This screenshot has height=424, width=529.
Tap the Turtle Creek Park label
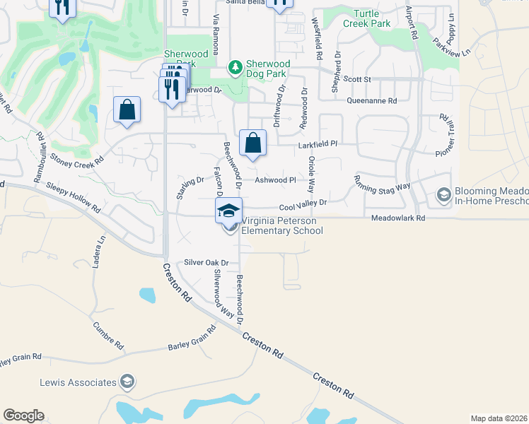click(x=367, y=18)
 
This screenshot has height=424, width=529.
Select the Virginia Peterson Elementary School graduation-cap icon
click(x=229, y=211)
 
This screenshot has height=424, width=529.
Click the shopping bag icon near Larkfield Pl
click(x=252, y=143)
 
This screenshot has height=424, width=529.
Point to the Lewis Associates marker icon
click(x=127, y=382)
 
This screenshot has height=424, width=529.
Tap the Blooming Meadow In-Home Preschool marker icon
click(x=443, y=194)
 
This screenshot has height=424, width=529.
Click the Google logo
click(x=23, y=416)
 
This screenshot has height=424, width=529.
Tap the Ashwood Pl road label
click(x=275, y=180)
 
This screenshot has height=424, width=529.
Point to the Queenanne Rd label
click(x=371, y=101)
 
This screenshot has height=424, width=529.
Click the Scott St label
click(x=356, y=79)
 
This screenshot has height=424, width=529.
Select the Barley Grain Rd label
click(x=192, y=339)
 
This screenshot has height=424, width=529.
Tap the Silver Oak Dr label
click(x=207, y=262)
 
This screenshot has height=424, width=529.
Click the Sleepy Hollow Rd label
click(x=73, y=198)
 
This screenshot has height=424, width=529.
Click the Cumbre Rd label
click(x=108, y=336)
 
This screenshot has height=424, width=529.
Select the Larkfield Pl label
click(x=316, y=143)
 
